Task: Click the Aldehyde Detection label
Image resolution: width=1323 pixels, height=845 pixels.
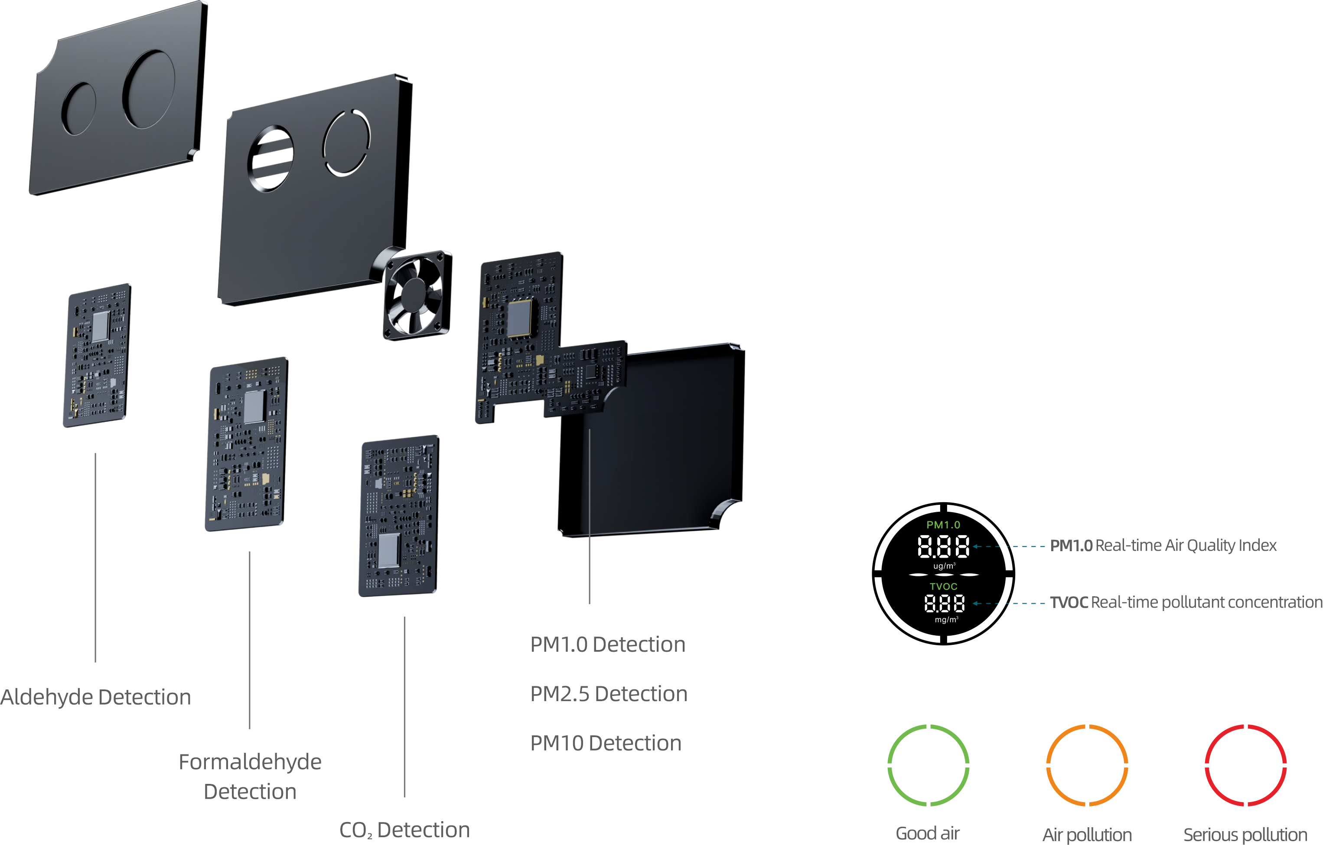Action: point(96,697)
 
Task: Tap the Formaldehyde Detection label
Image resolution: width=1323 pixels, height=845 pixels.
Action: point(250,777)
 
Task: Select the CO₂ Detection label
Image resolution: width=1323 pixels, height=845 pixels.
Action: point(404,830)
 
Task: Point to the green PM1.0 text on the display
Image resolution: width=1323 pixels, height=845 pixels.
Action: point(943,525)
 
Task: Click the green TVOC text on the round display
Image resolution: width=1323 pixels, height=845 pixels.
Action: point(943,586)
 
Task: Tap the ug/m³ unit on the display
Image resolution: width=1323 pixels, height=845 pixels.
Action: point(944,566)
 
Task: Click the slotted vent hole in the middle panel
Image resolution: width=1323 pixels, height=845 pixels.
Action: point(270,158)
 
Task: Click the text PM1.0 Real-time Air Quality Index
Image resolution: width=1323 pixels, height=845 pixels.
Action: point(1163,545)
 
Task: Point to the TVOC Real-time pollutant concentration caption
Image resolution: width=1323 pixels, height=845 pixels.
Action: point(1186,602)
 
